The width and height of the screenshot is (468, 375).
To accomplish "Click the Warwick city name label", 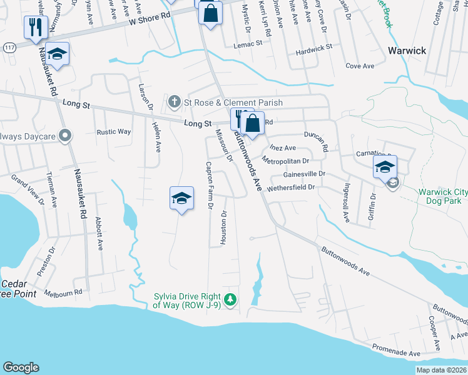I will pyautogui.click(x=407, y=50).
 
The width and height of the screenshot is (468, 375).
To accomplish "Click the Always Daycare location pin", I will pyautogui.click(x=64, y=135).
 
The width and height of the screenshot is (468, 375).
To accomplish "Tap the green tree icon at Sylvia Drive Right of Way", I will pyautogui.click(x=231, y=300).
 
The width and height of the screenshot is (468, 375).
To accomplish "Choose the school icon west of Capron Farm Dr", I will pyautogui.click(x=181, y=199).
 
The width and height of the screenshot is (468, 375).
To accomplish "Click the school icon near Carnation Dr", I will pyautogui.click(x=385, y=167).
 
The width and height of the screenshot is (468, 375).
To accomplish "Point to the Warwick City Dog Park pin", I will pyautogui.click(x=393, y=183).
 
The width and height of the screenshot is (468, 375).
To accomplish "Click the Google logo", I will pyautogui.click(x=21, y=367).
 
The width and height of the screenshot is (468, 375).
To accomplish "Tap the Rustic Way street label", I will pyautogui.click(x=113, y=132).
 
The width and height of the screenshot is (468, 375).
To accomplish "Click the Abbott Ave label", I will pyautogui.click(x=98, y=233).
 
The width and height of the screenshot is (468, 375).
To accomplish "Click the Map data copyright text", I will pyautogui.click(x=440, y=370).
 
